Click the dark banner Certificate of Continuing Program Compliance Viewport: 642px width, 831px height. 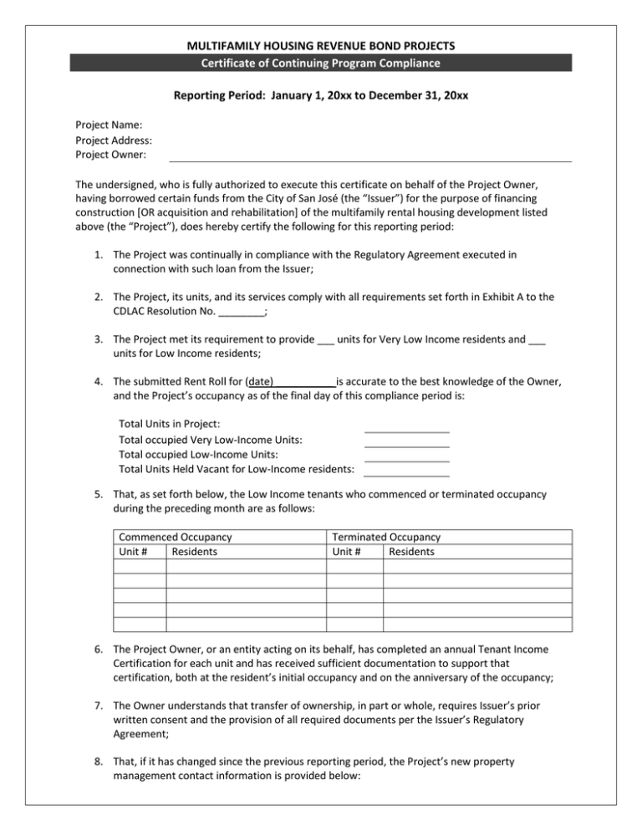321,64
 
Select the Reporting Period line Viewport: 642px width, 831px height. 321,96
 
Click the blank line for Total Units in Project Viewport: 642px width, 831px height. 407,427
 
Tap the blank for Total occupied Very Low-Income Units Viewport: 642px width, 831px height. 407,442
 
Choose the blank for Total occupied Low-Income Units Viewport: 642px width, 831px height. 407,456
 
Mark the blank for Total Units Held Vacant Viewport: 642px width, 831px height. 407,472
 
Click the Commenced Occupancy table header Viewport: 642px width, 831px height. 176,537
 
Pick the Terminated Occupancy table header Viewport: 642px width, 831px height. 386,537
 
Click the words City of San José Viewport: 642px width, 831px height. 299,197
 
